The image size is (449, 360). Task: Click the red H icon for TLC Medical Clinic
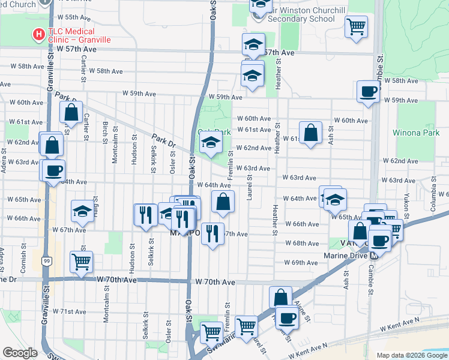(38, 34)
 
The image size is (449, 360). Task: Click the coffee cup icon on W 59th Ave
(367, 91)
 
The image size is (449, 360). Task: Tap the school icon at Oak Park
(211, 143)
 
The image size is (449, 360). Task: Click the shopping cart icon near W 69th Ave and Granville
(81, 260)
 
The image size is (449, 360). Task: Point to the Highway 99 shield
(46, 261)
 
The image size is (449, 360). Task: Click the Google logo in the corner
(20, 353)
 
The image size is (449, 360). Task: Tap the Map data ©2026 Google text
(412, 355)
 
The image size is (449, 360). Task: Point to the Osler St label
(172, 160)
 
